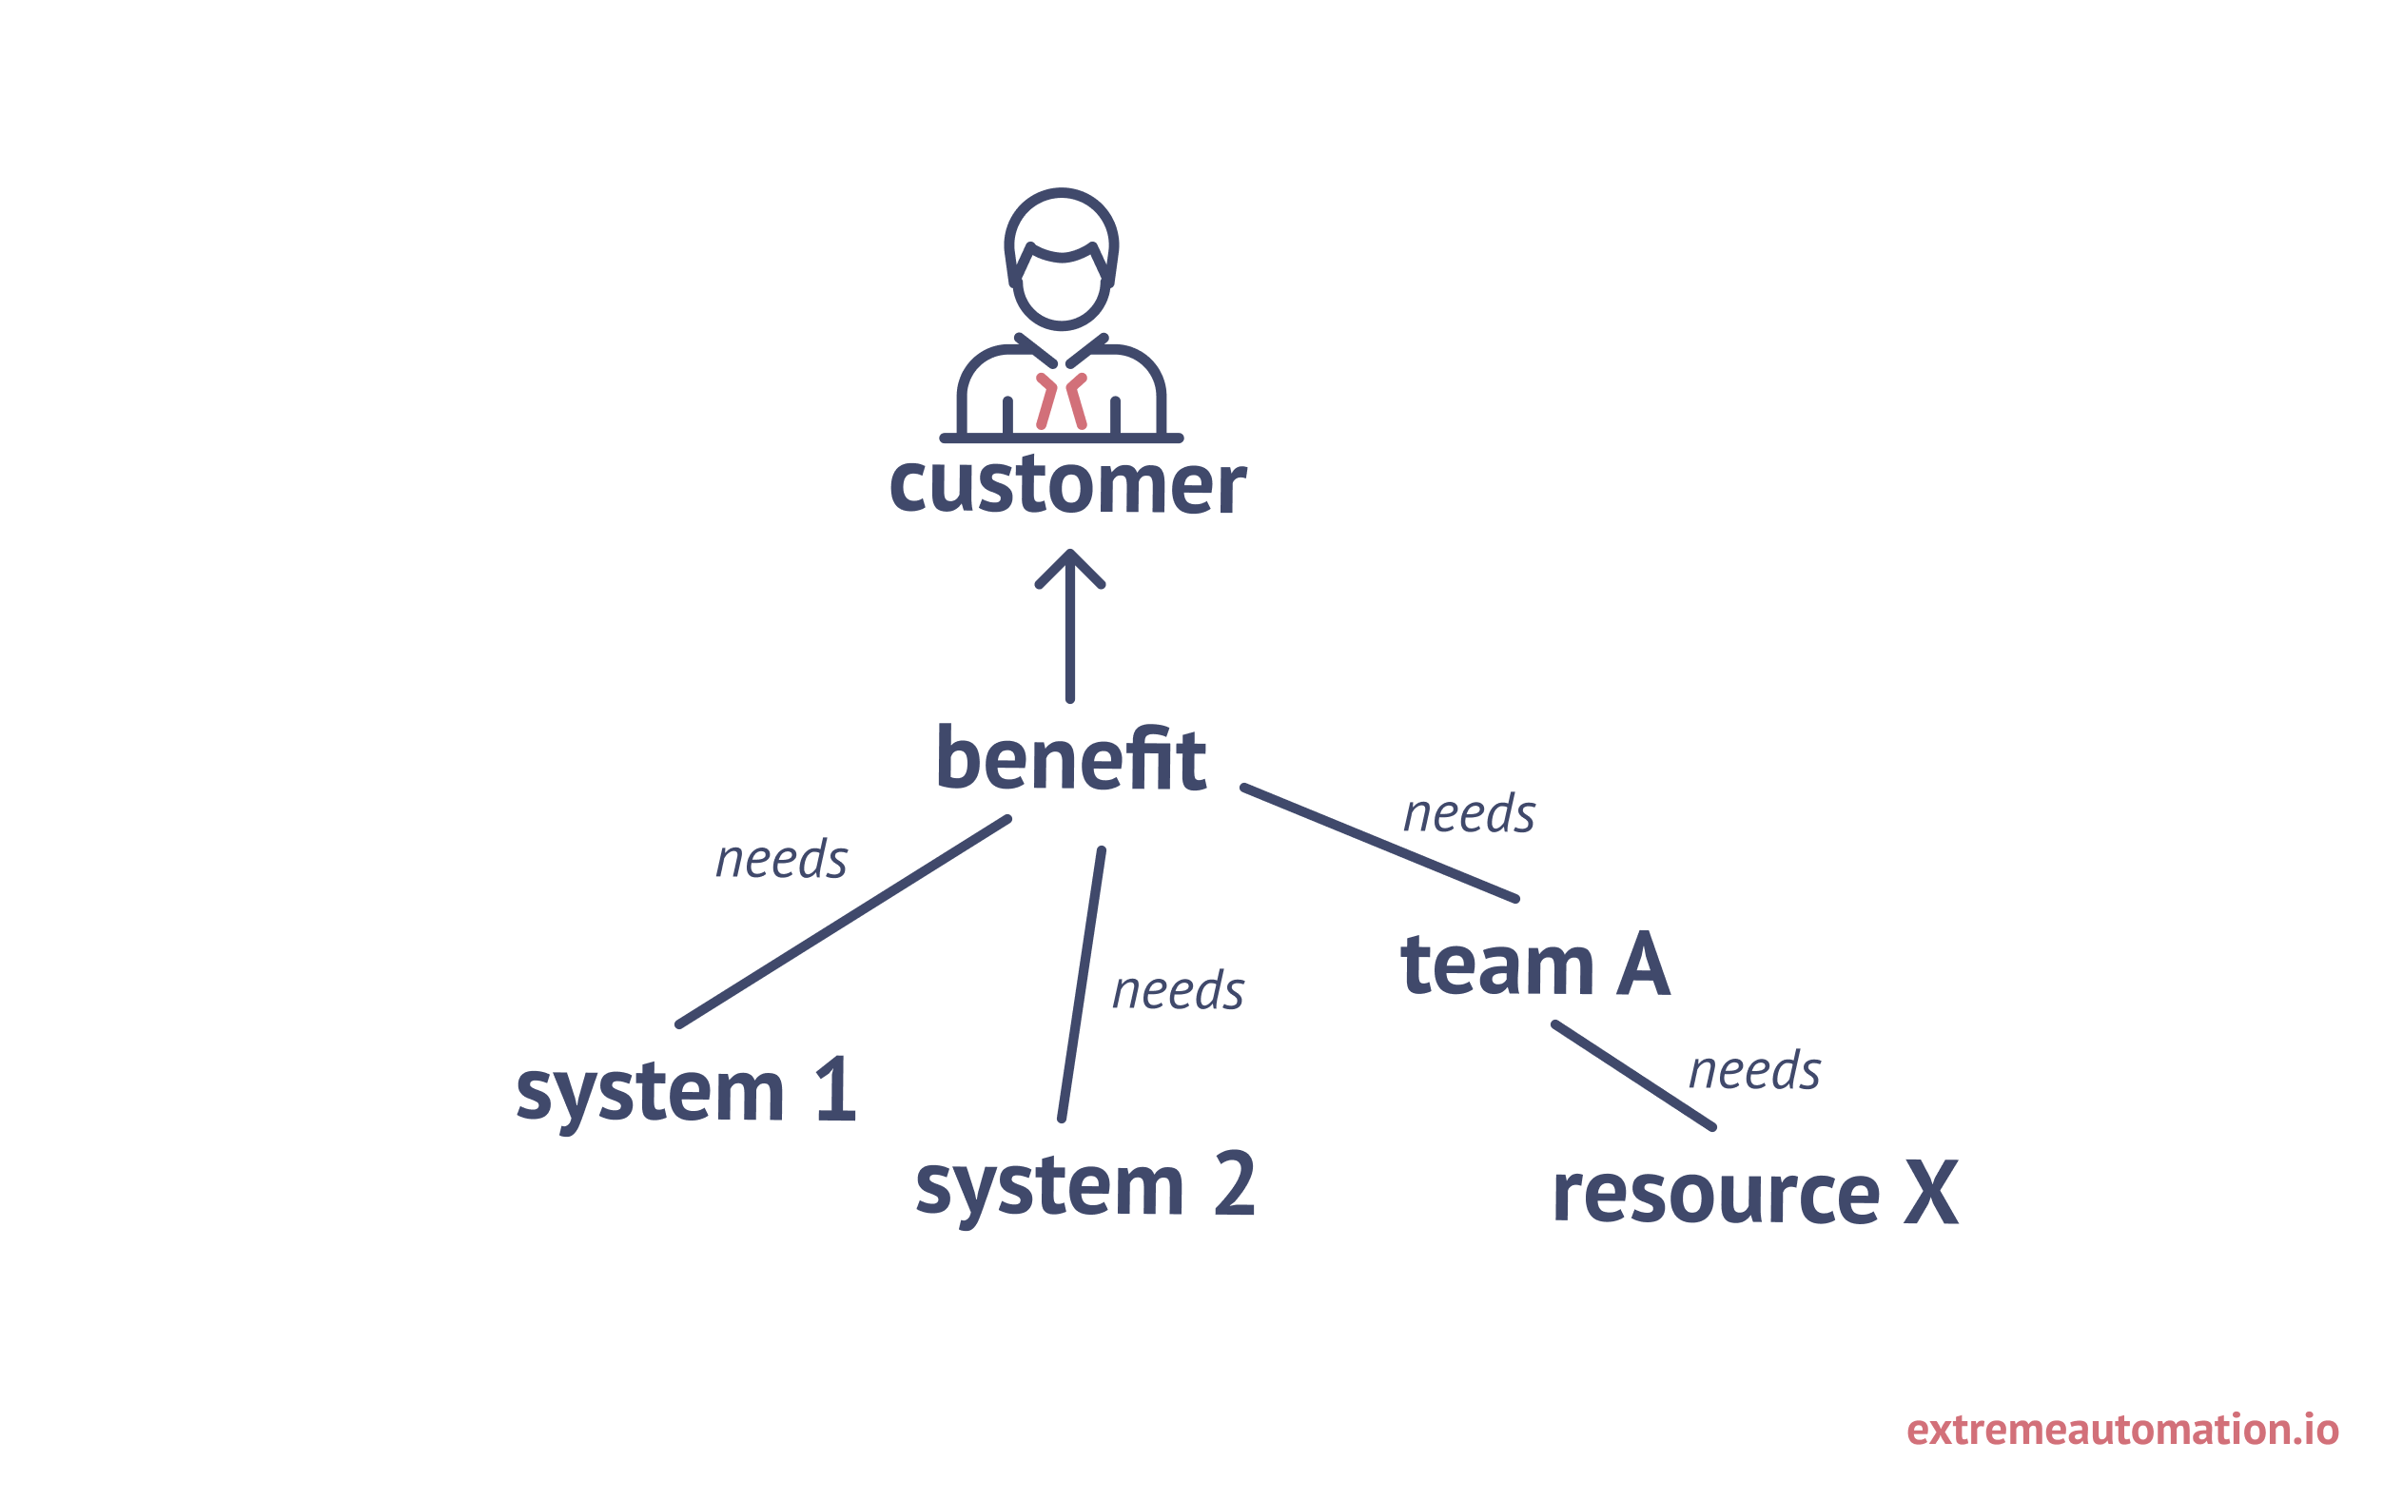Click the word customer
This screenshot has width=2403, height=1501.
1067,486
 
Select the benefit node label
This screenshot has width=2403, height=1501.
1070,759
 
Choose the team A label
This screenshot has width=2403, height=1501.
1534,965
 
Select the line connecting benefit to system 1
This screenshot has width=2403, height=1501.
844,922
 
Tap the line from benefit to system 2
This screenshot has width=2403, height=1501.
1082,984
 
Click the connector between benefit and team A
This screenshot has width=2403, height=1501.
1379,843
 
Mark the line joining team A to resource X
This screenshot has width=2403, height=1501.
1633,1075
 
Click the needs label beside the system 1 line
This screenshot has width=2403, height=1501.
782,860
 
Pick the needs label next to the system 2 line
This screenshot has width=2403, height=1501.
1178,991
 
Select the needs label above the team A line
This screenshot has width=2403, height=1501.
1470,814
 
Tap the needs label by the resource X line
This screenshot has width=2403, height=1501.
1755,1071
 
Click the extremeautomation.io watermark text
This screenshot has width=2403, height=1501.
2122,1430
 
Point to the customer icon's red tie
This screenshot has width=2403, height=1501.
1061,402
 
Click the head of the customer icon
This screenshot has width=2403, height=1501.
1061,258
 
